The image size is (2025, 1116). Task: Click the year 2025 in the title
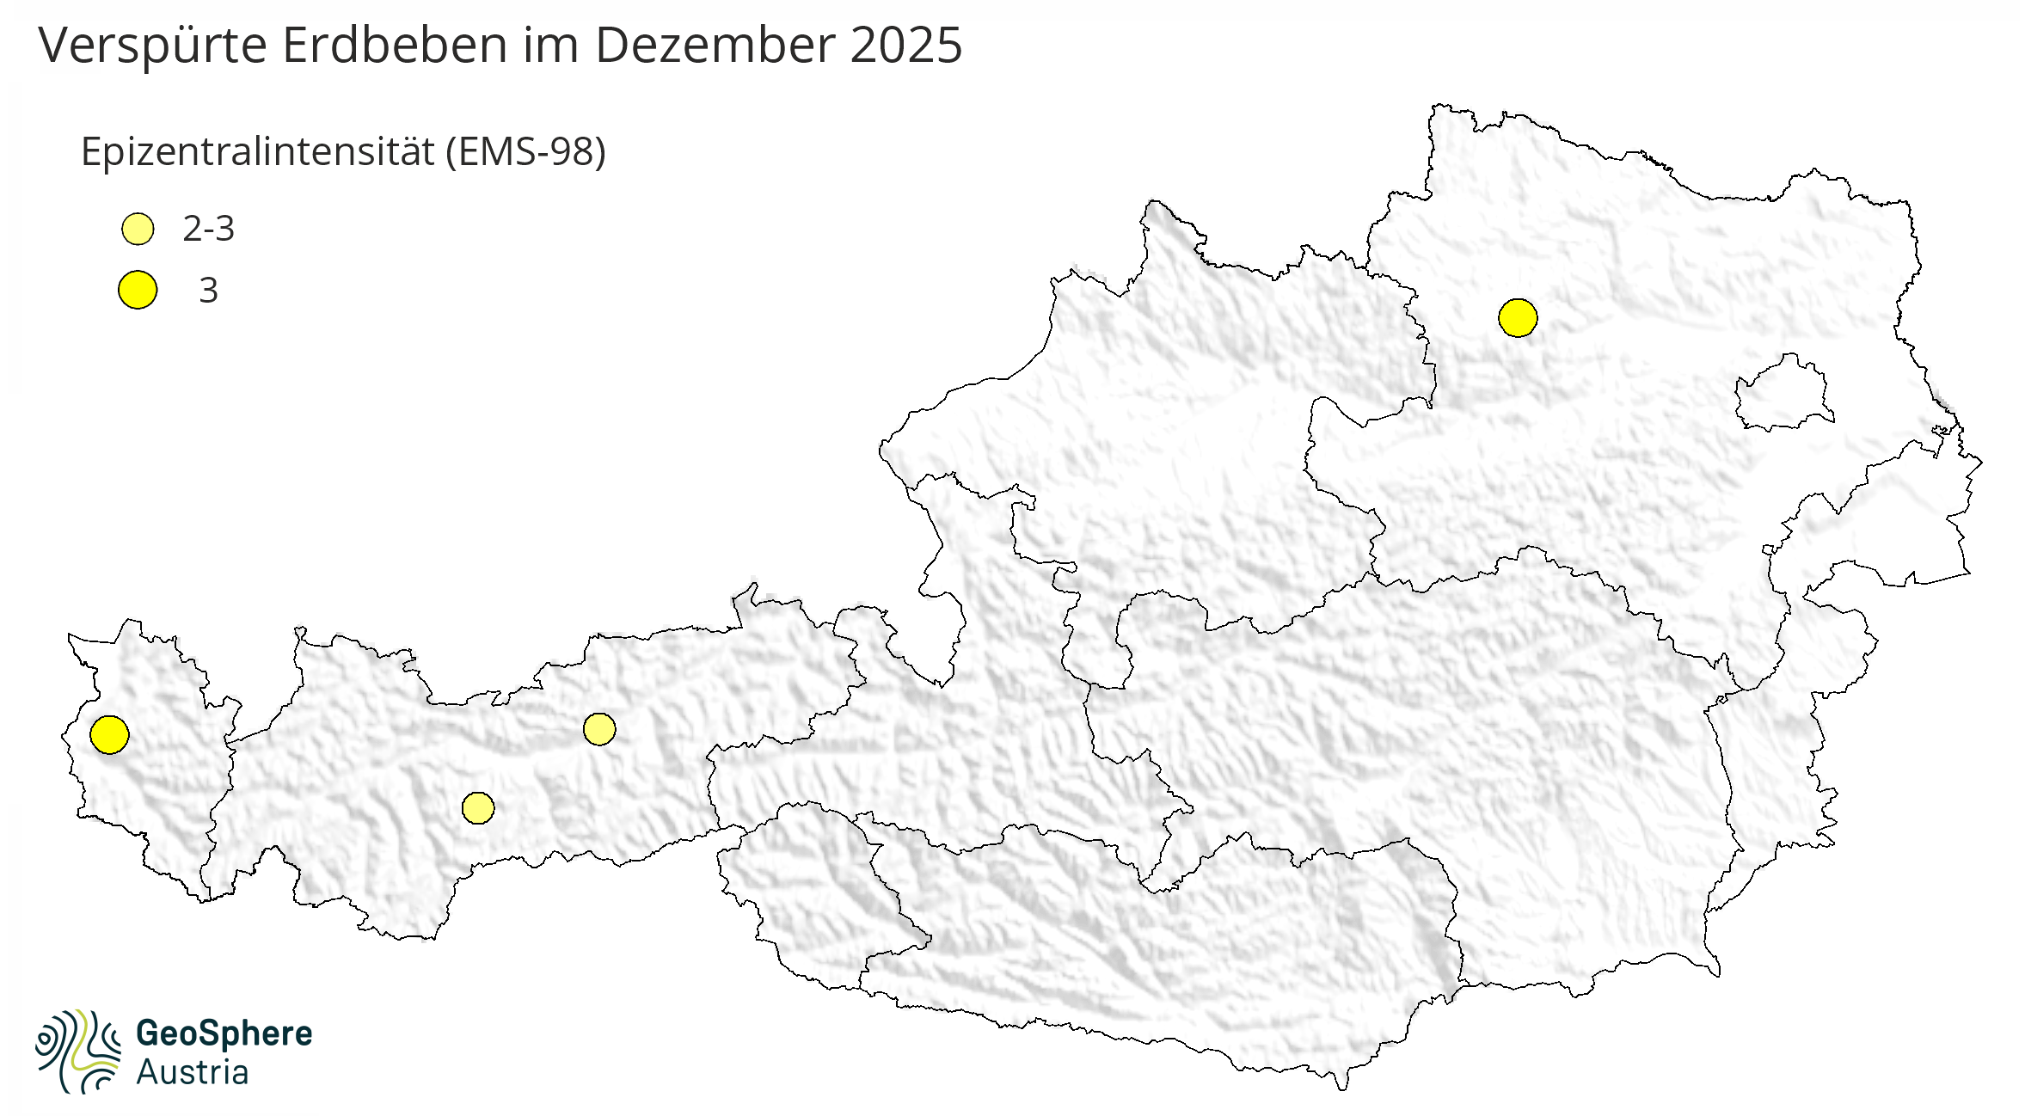point(906,46)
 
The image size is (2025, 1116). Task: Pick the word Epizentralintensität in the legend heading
point(257,153)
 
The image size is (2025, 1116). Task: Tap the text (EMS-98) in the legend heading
point(525,153)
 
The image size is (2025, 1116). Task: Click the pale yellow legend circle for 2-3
point(138,230)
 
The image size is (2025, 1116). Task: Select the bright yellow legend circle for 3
point(138,290)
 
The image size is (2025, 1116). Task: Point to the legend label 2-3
point(208,230)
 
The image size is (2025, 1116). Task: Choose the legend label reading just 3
point(208,291)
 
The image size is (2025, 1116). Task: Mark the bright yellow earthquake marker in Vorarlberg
point(109,734)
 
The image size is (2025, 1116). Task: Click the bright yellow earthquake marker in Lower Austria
point(1518,318)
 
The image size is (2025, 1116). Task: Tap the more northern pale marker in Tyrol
point(599,729)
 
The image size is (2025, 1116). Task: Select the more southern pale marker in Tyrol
point(478,808)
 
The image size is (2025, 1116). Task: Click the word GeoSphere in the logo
point(224,1033)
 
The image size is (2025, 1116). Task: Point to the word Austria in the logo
point(193,1073)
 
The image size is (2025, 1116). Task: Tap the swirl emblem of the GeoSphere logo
point(77,1051)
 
